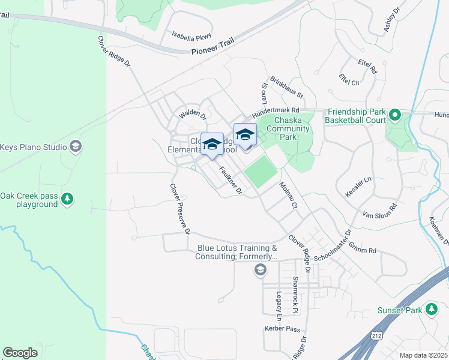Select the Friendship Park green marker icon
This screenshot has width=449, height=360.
(x=394, y=115)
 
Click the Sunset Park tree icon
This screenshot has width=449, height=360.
(x=431, y=310)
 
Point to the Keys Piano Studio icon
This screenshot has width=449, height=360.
(x=76, y=146)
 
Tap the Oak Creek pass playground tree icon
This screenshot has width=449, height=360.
(x=68, y=199)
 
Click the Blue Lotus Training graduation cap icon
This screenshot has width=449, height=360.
(x=260, y=270)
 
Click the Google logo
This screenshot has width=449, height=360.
(x=20, y=352)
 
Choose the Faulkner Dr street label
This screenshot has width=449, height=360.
(x=231, y=181)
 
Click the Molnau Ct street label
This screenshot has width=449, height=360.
(x=288, y=196)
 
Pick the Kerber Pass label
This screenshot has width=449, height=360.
(x=282, y=329)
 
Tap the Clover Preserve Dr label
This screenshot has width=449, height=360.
(x=180, y=209)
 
